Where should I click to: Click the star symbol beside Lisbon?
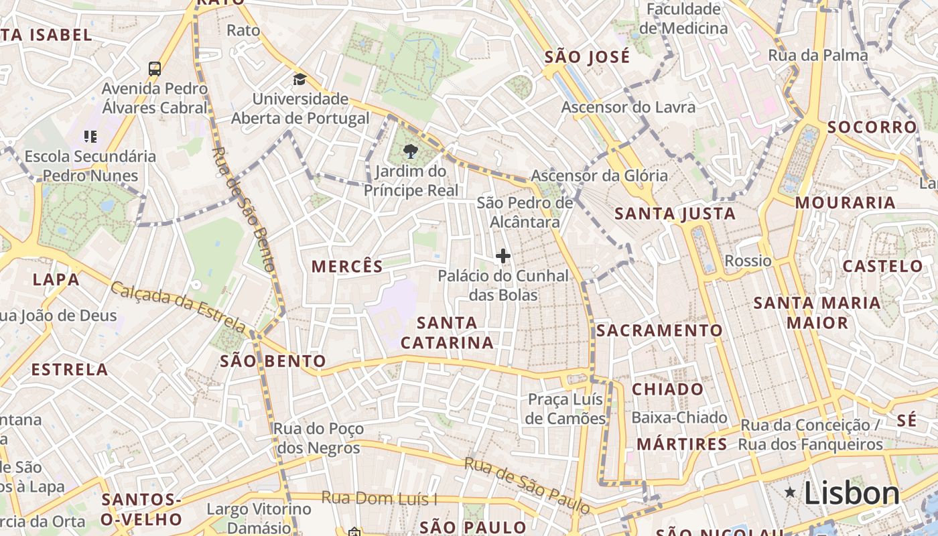coord(791,492)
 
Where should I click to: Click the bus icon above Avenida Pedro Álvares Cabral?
coord(155,68)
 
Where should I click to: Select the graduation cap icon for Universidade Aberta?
coord(299,79)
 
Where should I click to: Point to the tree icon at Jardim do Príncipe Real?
coord(411,151)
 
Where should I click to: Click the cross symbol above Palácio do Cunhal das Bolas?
coord(503,256)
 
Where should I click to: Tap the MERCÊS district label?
coord(347,266)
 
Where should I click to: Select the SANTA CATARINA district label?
coord(448,332)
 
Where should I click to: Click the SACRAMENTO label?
coord(659,330)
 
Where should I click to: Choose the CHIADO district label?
coord(668,389)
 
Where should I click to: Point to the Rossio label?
coord(749,261)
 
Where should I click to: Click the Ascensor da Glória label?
coord(599,176)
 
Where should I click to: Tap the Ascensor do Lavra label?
coord(628,107)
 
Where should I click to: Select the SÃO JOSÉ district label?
coord(587,57)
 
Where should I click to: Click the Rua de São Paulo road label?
coord(527,485)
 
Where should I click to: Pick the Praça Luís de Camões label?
coord(566,409)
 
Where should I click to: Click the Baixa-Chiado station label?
coord(679,418)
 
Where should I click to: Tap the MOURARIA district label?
coord(845,202)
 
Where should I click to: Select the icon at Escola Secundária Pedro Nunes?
coord(90,137)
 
